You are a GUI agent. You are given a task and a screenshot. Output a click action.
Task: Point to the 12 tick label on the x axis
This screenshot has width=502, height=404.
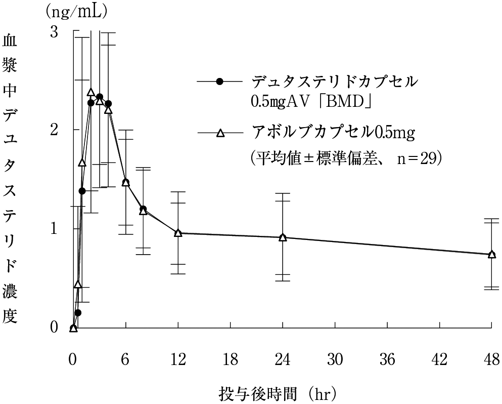coord(178,360)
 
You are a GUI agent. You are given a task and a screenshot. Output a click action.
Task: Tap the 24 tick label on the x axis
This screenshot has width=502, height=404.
coord(283,360)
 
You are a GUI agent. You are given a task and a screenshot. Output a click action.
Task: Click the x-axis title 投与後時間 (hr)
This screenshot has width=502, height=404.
coord(278,392)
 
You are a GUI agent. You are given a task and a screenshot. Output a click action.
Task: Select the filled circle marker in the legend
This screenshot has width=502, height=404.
coord(219,82)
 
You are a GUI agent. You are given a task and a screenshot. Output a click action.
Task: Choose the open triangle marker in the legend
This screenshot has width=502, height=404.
coord(219,133)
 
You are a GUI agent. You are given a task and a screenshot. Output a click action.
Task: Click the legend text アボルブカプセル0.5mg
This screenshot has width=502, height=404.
coord(332,133)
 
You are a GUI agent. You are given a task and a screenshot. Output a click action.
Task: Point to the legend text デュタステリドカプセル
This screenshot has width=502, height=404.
coord(335,82)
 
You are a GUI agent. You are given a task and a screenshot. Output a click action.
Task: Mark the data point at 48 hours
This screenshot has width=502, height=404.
coord(491,254)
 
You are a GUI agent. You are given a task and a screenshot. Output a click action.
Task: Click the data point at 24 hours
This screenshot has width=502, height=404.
coord(283,237)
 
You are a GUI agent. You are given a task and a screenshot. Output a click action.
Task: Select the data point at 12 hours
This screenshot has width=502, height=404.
coord(178,233)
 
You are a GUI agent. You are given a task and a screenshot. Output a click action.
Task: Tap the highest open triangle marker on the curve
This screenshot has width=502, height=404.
coord(91,92)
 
